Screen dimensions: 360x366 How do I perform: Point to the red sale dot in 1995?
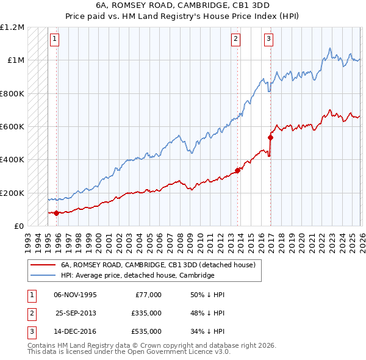coord(56,213)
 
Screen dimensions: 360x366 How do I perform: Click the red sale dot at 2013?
coord(237,170)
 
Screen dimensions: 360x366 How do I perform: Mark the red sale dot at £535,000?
coord(270,137)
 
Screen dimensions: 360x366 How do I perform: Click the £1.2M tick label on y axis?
coord(12,27)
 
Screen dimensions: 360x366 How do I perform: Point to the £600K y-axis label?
coord(12,127)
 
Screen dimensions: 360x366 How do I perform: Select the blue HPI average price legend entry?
coord(137,275)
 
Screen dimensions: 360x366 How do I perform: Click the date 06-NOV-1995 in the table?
coord(75,295)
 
